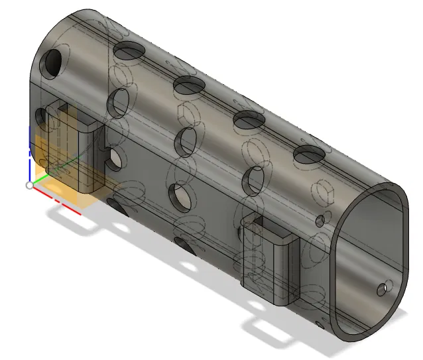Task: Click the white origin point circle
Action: [x=29, y=185]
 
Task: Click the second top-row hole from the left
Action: [x=190, y=84]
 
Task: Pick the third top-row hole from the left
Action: [x=249, y=119]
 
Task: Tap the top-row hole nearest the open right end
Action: [x=308, y=155]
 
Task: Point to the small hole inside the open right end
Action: [x=382, y=289]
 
